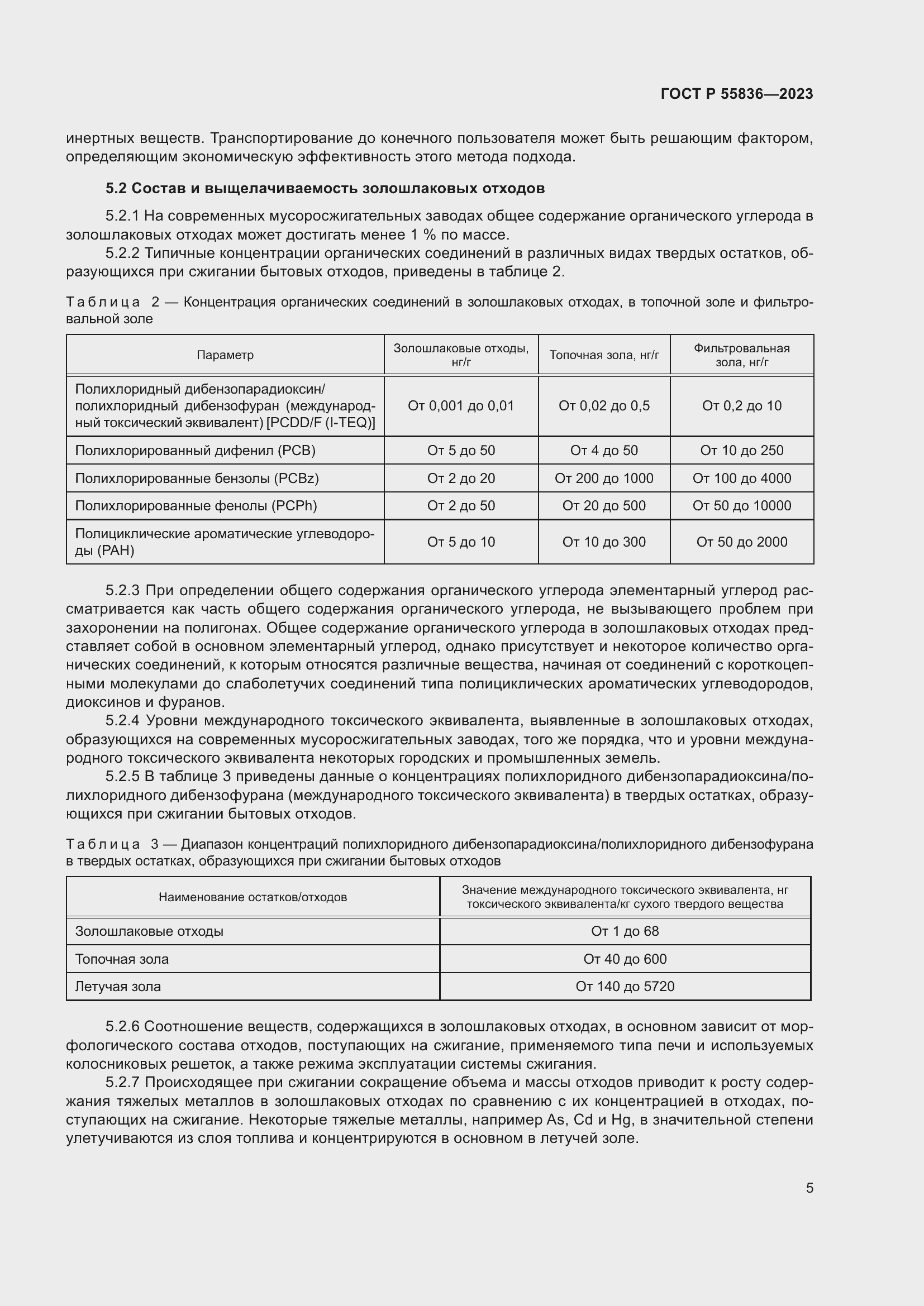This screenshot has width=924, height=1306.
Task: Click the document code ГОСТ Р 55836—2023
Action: pyautogui.click(x=736, y=94)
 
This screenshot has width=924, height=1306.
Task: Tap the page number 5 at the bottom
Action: pyautogui.click(x=809, y=1188)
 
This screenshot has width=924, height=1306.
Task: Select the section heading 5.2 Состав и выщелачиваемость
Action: pyautogui.click(x=325, y=188)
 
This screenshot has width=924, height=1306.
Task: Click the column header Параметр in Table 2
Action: pyautogui.click(x=225, y=355)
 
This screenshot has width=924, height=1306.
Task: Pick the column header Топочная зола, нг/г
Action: pyautogui.click(x=604, y=355)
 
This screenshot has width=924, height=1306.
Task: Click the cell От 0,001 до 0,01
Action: pyautogui.click(x=461, y=405)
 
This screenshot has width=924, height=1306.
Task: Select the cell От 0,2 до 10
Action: pyautogui.click(x=741, y=405)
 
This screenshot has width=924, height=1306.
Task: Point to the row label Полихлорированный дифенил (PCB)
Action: pyautogui.click(x=195, y=451)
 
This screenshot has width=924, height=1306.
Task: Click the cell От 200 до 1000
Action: pyautogui.click(x=604, y=479)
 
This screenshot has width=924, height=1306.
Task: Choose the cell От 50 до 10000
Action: pyautogui.click(x=741, y=506)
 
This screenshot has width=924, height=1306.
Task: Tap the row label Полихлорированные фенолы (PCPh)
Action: pyautogui.click(x=196, y=506)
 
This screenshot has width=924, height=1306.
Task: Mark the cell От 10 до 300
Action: pyautogui.click(x=604, y=542)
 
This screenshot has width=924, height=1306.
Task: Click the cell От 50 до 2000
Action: pyautogui.click(x=741, y=542)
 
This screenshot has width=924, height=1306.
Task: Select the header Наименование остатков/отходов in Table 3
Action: pyautogui.click(x=253, y=897)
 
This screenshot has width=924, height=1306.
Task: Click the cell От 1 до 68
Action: pyautogui.click(x=625, y=931)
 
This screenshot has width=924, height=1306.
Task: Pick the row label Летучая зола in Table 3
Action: pyautogui.click(x=118, y=986)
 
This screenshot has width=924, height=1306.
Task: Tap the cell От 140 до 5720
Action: pyautogui.click(x=625, y=986)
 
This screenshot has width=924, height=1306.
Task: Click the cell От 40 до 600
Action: pyautogui.click(x=625, y=959)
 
